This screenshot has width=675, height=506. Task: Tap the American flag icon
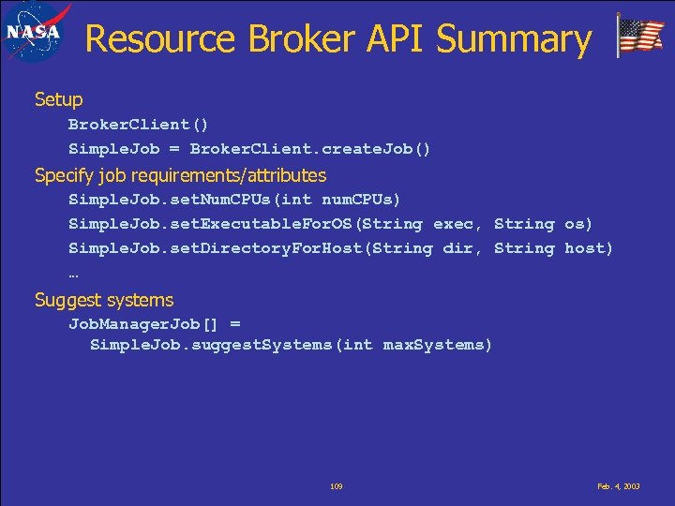tap(641, 37)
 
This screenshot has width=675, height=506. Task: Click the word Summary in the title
tap(515, 39)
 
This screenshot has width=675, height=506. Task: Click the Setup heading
tap(58, 99)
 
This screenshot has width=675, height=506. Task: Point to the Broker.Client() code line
tap(139, 125)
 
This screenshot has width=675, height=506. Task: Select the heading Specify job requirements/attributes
tap(180, 175)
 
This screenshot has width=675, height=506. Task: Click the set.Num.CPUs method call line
tap(234, 200)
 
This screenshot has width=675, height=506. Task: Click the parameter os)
tap(578, 224)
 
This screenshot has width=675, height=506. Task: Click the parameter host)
tap(589, 248)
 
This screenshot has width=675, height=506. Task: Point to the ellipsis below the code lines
tap(73, 274)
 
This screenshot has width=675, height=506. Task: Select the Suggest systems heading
tap(104, 300)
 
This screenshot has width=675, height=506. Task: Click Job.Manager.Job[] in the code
tap(142, 324)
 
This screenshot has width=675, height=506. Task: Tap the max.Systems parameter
tap(437, 345)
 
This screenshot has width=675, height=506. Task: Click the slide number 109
tap(337, 487)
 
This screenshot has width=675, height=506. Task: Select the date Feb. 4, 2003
tap(619, 487)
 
